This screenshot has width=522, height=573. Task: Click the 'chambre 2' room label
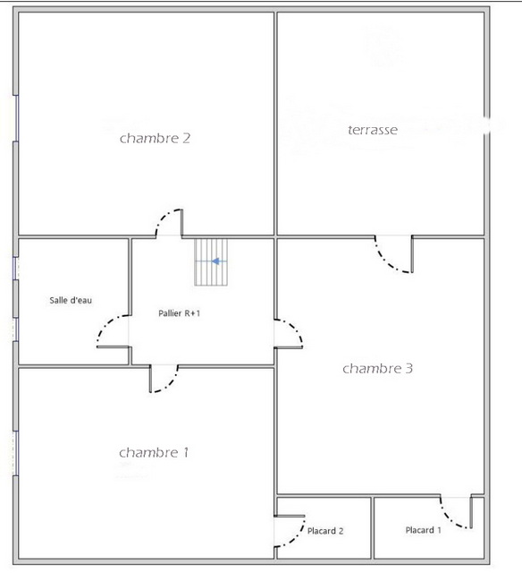point(155,138)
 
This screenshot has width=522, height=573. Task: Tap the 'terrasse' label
point(373,130)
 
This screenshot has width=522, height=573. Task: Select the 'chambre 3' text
point(377,368)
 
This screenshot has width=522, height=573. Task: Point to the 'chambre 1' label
point(154,453)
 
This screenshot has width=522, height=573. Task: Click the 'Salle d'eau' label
point(71,301)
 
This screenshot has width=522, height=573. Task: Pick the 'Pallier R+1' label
point(179,313)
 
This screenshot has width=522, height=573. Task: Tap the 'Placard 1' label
point(423,530)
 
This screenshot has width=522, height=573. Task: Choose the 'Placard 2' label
point(325,531)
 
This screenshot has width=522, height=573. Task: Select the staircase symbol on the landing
point(211,262)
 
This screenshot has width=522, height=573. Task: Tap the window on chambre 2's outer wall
point(16,118)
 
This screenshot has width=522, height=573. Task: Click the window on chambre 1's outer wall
point(16,453)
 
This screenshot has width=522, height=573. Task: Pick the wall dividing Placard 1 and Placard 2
point(373,527)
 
